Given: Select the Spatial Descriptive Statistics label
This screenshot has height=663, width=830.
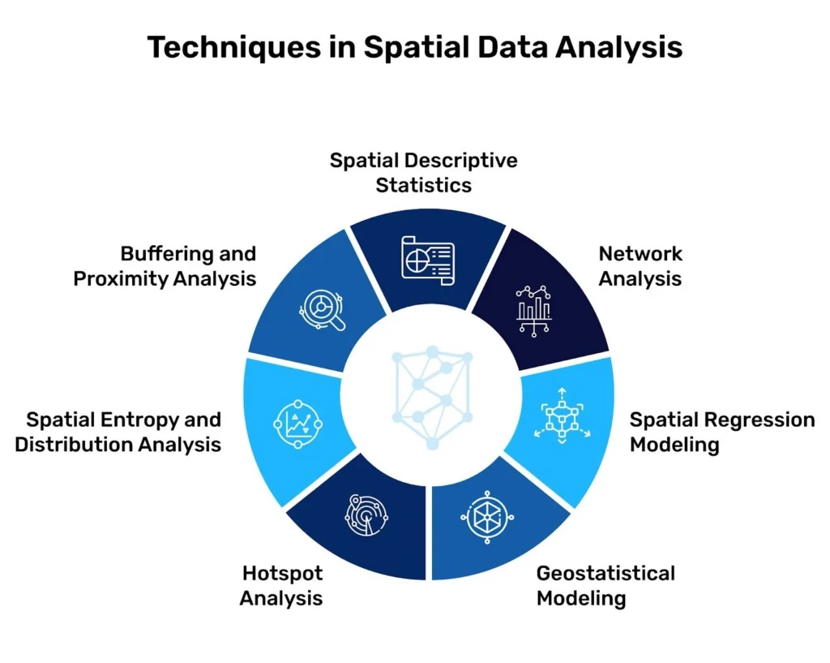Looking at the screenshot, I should tap(423, 172).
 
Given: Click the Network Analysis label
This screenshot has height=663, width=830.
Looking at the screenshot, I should tap(640, 266).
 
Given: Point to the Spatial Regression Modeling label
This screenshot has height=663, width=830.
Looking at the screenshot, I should tap(722, 432).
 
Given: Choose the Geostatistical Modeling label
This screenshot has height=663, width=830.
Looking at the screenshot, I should tap(605, 586).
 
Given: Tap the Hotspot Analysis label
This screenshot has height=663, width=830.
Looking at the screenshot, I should tap(282, 586).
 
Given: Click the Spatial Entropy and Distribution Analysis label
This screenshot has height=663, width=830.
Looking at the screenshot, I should tap(118, 432).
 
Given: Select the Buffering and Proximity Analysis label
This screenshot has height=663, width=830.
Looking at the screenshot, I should tap(165, 266).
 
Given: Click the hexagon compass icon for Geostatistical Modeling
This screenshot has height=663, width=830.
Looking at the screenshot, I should tap(487, 517).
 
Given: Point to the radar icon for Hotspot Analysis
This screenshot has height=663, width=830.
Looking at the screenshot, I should tap(366, 517).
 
